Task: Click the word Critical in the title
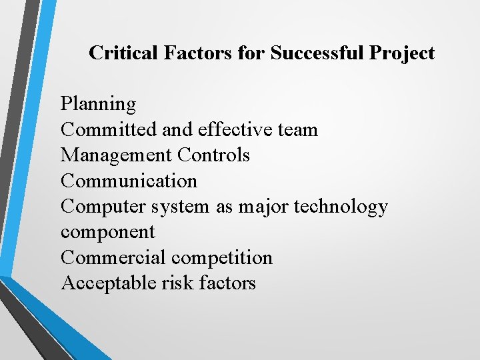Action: click(x=125, y=53)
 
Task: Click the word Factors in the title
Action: click(x=197, y=53)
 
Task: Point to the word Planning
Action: click(x=98, y=104)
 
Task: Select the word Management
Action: click(x=117, y=155)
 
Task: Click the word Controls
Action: click(x=214, y=155)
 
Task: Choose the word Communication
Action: click(x=129, y=181)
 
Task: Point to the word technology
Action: click(x=341, y=207)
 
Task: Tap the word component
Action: click(x=107, y=233)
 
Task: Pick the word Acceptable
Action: click(x=109, y=283)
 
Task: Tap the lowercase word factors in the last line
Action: click(x=227, y=283)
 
